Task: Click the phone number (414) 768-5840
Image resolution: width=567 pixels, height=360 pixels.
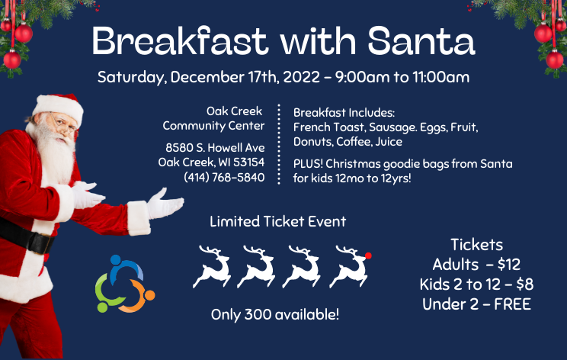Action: click(x=224, y=177)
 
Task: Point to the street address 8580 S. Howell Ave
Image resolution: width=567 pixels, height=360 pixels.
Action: click(x=216, y=147)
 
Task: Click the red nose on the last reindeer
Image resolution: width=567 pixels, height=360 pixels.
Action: click(x=369, y=255)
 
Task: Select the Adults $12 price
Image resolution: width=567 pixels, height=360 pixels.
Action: click(x=476, y=265)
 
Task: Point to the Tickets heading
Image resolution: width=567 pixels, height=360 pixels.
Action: click(x=476, y=245)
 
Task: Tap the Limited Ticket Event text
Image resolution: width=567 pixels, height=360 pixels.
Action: click(x=277, y=222)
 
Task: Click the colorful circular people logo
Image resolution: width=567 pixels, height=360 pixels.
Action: click(x=123, y=284)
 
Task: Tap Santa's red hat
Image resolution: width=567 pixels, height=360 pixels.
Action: click(x=60, y=106)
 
